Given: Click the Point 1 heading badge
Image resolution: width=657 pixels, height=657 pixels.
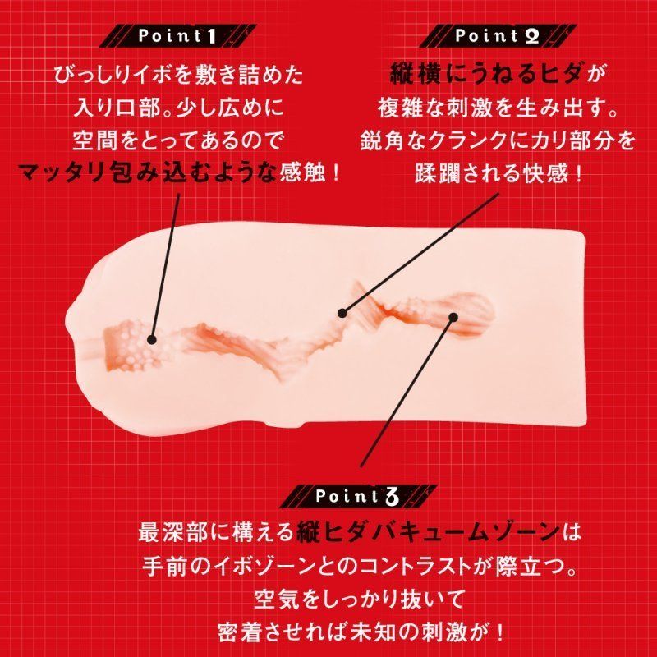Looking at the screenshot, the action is pos(177,36).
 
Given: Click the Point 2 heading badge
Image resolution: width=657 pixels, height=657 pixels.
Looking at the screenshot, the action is pos(498,36).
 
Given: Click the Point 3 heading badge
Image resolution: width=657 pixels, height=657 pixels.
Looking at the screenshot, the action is pos(358,496).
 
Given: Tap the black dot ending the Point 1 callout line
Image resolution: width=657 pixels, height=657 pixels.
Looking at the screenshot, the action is pos(152,339).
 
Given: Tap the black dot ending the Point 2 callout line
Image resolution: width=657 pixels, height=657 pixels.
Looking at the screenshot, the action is pos(342,313).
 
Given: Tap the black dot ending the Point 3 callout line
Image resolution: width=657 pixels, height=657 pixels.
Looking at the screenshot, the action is pos(453,317).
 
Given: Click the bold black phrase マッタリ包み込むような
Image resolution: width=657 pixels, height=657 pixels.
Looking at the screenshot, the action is pos(148,172).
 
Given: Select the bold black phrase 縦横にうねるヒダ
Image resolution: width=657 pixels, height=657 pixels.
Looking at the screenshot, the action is pos(485,75).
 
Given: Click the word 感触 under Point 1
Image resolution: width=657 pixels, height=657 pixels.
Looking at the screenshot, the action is pos(302,172).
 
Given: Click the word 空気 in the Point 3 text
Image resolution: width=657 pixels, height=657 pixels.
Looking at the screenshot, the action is pos(277,600).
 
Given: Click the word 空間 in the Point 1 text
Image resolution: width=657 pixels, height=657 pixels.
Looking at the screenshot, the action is pos(95,140).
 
